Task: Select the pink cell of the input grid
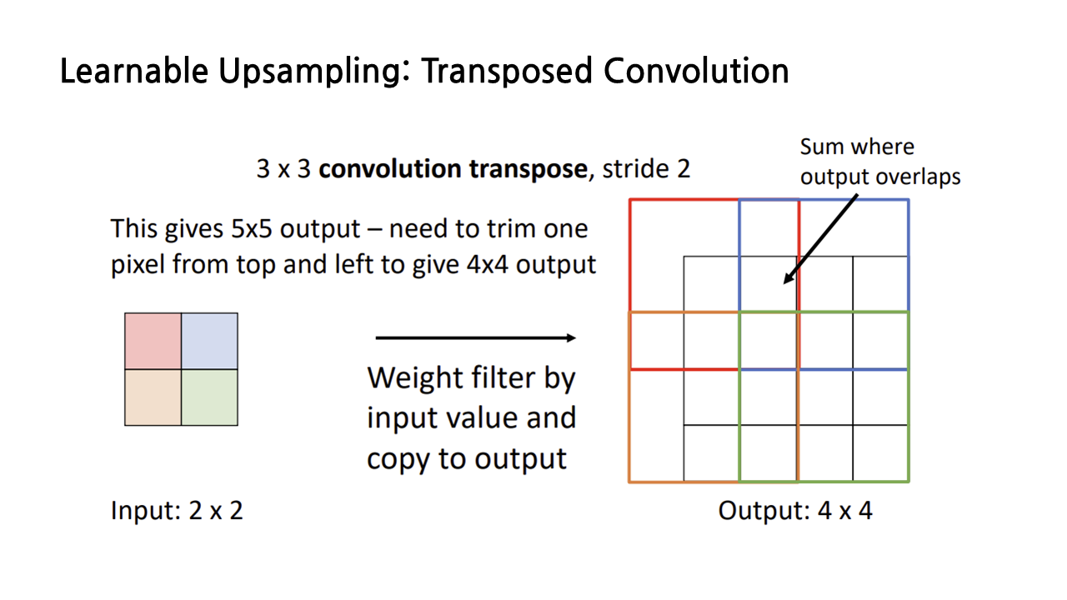(x=153, y=341)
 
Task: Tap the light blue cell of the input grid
(x=209, y=341)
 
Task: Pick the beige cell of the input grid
(x=153, y=397)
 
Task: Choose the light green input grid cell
(x=209, y=397)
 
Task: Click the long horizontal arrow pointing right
(x=475, y=337)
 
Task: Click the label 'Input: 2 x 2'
(x=177, y=510)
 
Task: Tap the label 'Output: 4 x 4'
(x=795, y=510)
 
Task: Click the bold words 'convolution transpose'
(x=453, y=169)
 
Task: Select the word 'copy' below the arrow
(x=397, y=458)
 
